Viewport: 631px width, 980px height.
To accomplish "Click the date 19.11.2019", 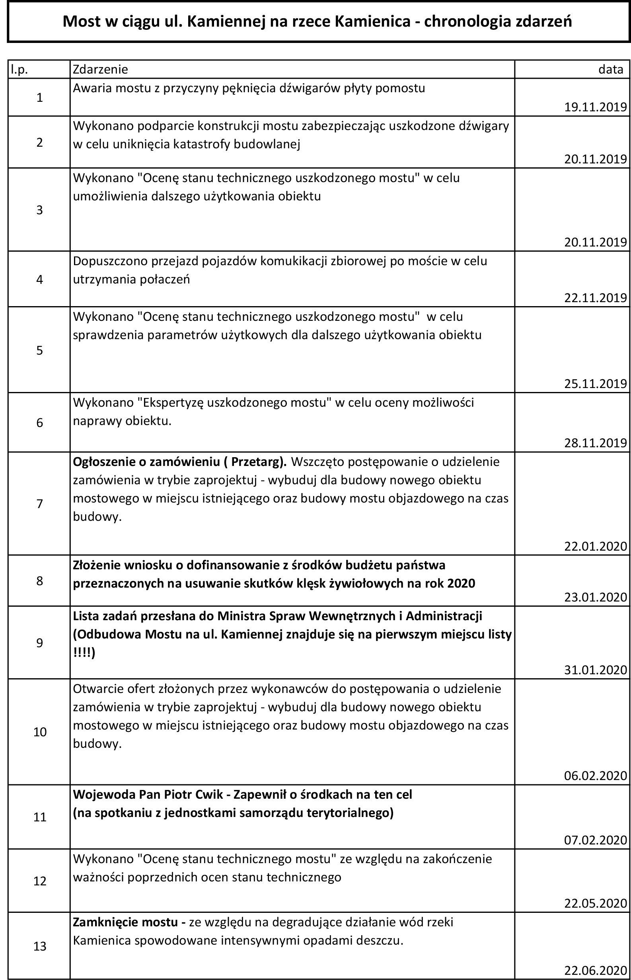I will point(595,107).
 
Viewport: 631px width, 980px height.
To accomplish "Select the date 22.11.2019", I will point(595,298).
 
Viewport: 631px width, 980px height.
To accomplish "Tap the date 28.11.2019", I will point(595,442).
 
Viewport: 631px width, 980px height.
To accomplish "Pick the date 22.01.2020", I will point(595,546).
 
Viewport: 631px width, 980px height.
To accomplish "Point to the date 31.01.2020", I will point(595,670).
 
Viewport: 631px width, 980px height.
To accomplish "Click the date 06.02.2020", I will point(595,776).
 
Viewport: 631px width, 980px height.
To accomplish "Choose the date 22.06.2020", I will point(595,970).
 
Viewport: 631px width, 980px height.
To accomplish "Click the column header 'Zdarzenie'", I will point(100,70).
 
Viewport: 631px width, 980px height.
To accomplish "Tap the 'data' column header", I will point(611,70).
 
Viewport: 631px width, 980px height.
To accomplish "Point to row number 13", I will point(40,947).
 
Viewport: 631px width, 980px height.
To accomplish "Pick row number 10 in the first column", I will point(40,732).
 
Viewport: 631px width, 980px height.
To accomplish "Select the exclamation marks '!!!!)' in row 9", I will point(84,652).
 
